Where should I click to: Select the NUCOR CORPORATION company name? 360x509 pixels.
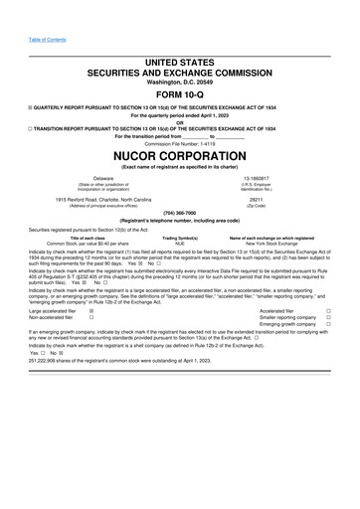click(x=180, y=157)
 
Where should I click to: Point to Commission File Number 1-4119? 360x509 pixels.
click(x=180, y=143)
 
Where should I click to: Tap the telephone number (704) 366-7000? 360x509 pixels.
click(x=180, y=213)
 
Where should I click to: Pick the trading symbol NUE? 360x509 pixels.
click(x=180, y=243)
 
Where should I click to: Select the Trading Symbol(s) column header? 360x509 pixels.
click(x=180, y=238)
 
